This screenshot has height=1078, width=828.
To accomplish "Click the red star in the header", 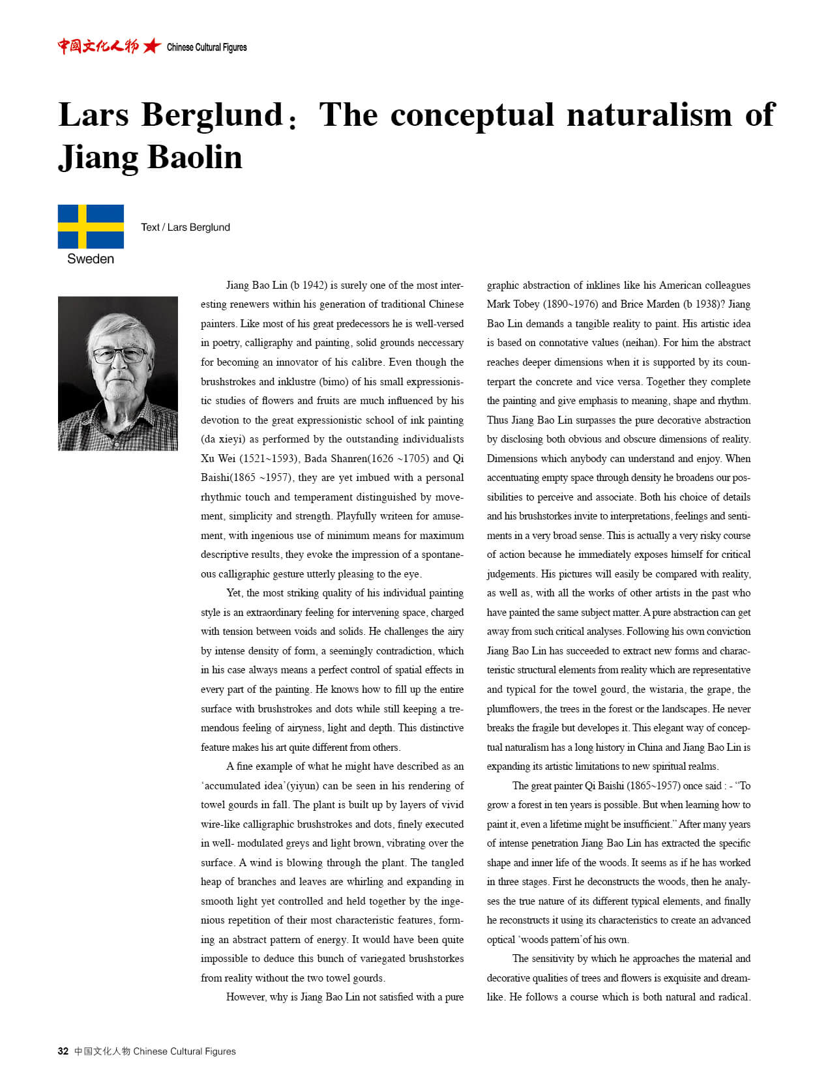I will click(152, 46).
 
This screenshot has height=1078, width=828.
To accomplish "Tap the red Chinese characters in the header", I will click(98, 46).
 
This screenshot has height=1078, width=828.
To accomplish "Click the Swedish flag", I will click(91, 226).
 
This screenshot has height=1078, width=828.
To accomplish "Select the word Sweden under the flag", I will click(91, 259).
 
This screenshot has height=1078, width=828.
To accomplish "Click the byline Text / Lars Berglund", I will click(185, 227).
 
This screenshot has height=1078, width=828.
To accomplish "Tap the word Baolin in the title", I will click(195, 158).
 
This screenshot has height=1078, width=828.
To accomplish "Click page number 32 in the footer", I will click(63, 1051).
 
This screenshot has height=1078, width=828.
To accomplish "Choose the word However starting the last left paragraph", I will click(247, 997).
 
